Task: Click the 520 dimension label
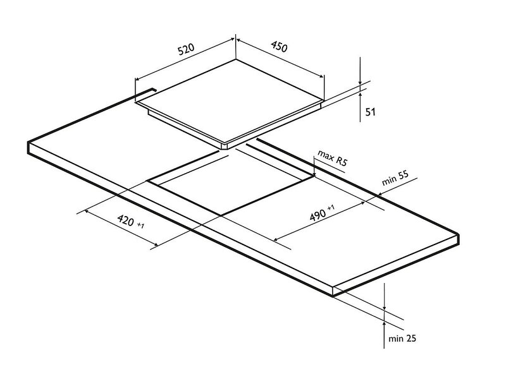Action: [x=186, y=49]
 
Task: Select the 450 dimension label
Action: [x=278, y=46]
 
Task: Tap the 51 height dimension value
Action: [x=371, y=112]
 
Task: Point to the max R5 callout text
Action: [x=332, y=157]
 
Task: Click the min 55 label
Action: [x=395, y=178]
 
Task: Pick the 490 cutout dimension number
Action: [x=318, y=215]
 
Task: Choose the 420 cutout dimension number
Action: [x=125, y=220]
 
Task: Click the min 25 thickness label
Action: [x=402, y=339]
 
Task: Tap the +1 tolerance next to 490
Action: [x=331, y=207]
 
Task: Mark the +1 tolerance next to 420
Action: [x=140, y=226]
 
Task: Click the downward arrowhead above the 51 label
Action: [x=360, y=83]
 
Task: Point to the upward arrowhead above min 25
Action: [x=384, y=324]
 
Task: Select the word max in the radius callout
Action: [x=325, y=154]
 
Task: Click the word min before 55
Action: [x=388, y=181]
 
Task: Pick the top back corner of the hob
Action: [x=235, y=59]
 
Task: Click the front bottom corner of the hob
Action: [x=227, y=149]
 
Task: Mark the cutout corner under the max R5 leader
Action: [x=314, y=176]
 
